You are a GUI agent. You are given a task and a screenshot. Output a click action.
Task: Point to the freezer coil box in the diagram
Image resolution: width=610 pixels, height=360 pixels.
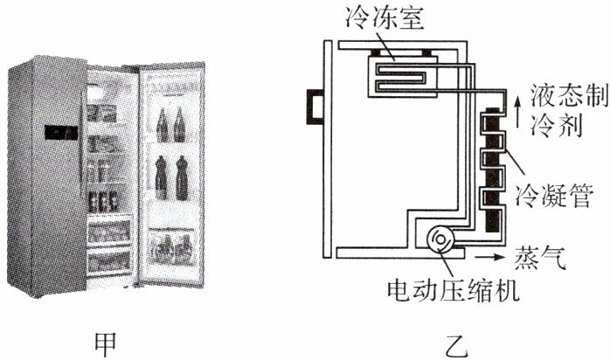coord(399,69)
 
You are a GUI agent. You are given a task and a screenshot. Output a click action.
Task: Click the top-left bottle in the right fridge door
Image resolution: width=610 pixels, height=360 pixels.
coord(162,125)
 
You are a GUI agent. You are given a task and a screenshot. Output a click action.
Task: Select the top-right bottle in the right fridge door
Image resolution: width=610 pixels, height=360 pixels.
coord(179,125)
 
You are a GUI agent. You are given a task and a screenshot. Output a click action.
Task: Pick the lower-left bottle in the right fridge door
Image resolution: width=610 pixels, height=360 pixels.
coord(163,178)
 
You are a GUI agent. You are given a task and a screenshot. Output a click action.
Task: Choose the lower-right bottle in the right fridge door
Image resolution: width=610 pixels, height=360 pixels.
coord(181,178)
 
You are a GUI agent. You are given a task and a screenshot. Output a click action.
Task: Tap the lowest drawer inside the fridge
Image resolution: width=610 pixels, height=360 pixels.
coord(110,259)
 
